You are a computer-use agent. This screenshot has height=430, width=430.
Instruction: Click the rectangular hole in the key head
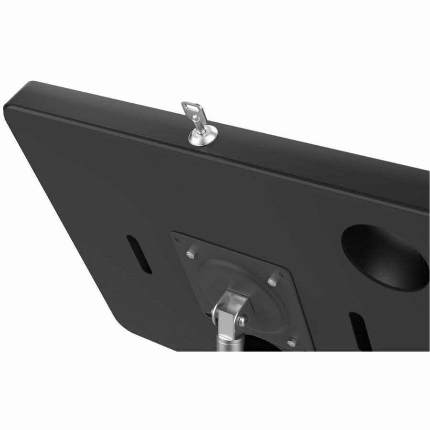click(x=191, y=108)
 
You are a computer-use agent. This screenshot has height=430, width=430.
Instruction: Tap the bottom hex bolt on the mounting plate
click(x=292, y=342)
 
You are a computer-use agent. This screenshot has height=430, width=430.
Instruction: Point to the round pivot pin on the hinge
click(x=242, y=321)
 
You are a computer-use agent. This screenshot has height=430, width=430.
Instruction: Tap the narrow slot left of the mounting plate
click(x=139, y=254)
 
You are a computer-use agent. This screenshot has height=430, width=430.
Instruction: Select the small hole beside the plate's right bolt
click(x=282, y=274)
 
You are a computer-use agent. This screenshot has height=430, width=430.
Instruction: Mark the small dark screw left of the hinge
click(x=210, y=313)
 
